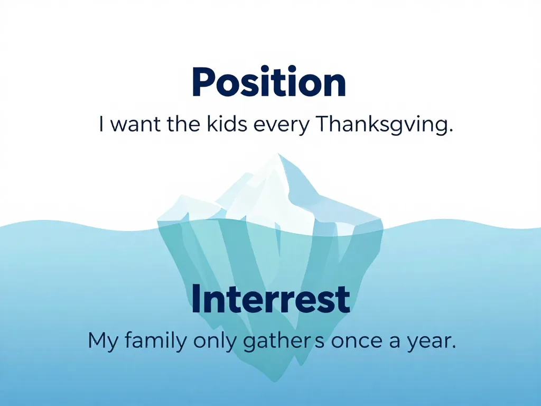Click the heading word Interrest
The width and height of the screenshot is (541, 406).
point(270,299)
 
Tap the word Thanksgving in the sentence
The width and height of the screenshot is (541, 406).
point(378,126)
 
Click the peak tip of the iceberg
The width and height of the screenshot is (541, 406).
point(279,155)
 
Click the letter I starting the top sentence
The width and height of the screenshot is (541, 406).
point(101,125)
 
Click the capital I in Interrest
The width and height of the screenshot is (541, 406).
point(195,299)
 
